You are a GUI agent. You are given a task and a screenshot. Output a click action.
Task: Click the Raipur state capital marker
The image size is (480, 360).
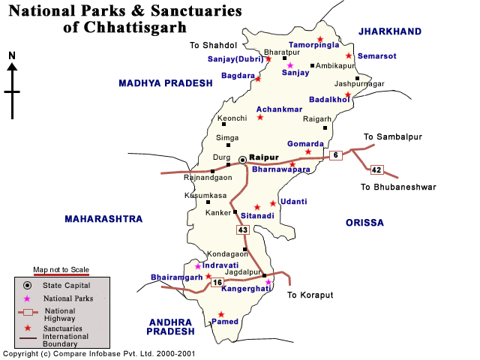242,160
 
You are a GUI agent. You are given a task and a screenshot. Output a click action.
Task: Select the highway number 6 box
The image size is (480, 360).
335,155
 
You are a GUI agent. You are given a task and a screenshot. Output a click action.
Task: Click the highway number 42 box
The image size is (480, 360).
376,170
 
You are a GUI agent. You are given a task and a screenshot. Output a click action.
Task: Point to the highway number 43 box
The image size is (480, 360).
242,230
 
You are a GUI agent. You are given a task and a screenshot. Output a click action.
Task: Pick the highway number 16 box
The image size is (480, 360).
217,282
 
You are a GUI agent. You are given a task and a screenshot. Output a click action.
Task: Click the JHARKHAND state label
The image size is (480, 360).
389,31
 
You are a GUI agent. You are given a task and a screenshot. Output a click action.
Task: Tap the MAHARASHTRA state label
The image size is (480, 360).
103,219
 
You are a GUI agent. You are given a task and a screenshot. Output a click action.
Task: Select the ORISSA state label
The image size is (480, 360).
364,223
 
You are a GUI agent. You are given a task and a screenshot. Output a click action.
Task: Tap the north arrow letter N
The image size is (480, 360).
12,55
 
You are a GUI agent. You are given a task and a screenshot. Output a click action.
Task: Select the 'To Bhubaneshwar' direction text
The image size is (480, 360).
397,187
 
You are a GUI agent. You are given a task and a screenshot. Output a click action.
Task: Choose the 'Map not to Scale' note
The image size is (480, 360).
61,269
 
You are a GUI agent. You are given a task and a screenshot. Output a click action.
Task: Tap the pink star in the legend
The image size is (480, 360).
27,298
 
